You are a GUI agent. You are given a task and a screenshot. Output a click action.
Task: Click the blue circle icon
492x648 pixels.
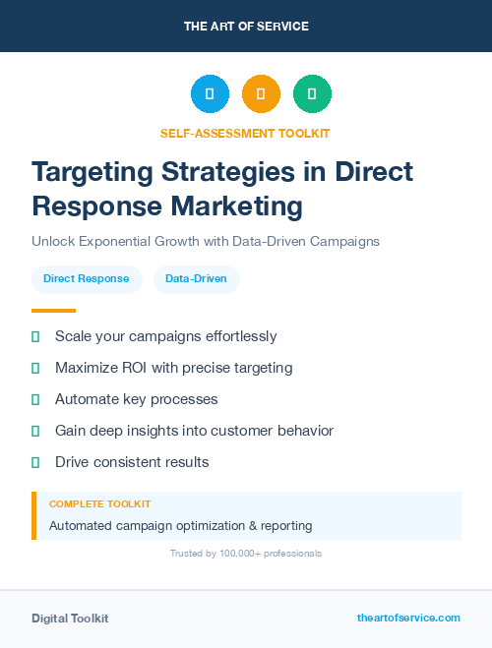coord(210,94)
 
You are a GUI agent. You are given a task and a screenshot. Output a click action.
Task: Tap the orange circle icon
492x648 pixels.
coord(261,94)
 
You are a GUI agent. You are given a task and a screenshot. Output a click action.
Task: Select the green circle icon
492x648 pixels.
coord(312,94)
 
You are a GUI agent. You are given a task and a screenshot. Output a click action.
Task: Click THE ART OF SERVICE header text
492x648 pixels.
coord(246,27)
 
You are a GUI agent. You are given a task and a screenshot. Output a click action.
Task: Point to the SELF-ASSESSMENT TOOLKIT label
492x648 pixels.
coord(245,133)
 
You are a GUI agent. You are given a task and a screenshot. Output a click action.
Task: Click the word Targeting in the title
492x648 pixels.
coord(91,171)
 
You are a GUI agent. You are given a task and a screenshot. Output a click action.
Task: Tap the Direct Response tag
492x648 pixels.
coord(87,279)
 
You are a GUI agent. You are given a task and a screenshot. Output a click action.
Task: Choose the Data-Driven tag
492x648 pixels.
coord(196,279)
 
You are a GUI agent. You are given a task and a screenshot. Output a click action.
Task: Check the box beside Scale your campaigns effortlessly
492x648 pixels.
coord(35,337)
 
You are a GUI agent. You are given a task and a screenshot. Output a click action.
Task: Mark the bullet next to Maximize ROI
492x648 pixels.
coord(35,369)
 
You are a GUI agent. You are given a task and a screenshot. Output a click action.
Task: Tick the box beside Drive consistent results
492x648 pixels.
coord(35,462)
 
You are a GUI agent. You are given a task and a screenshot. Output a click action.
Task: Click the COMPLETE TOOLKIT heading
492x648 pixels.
coord(99,503)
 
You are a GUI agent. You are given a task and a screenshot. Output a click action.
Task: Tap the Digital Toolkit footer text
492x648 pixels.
coord(70,619)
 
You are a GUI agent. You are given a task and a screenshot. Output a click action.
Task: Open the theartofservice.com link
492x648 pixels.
coord(408,618)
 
